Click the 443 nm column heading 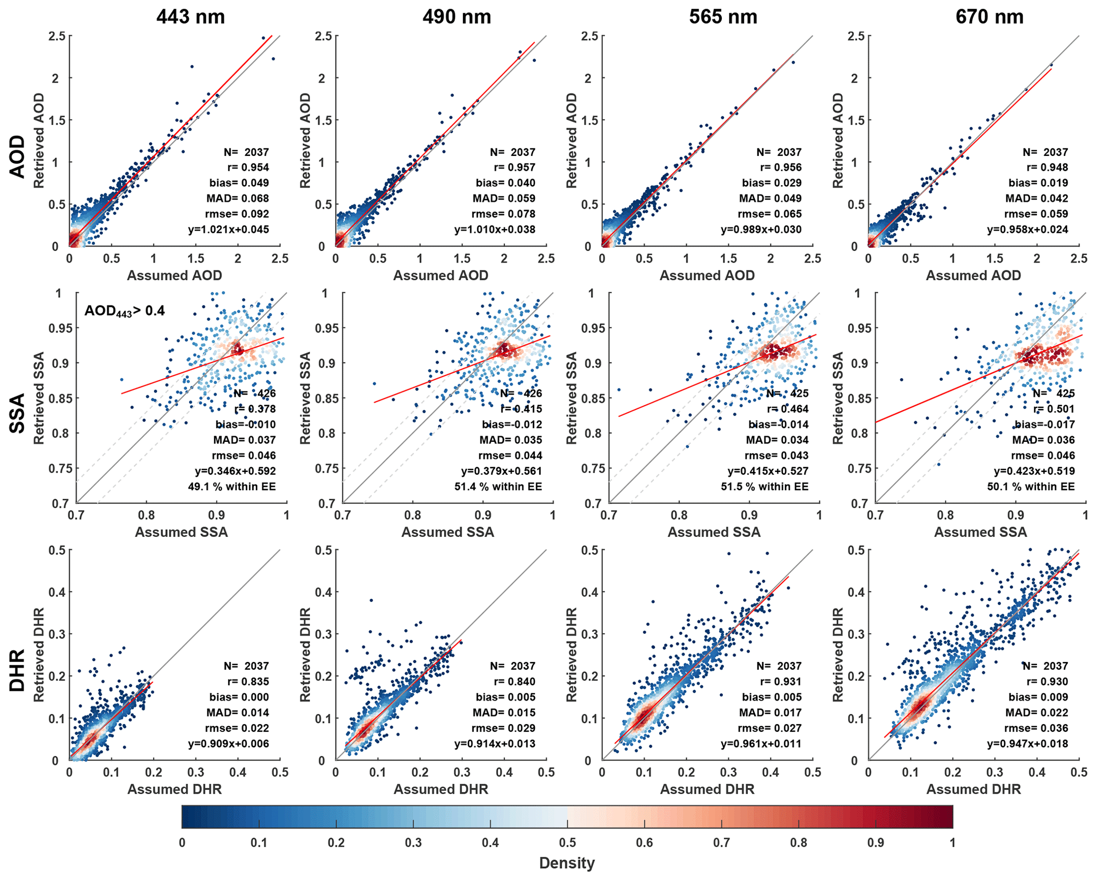(x=191, y=17)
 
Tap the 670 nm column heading (x=989, y=17)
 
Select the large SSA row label (x=18, y=413)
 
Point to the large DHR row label (x=18, y=670)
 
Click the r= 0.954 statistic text (x=248, y=168)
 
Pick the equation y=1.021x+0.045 (x=229, y=230)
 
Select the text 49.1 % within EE (x=232, y=486)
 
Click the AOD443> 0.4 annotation (x=125, y=311)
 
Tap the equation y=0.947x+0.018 (x=1027, y=744)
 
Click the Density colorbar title (x=567, y=863)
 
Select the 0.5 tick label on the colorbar (x=567, y=843)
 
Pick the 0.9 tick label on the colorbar (x=876, y=843)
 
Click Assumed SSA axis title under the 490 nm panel (x=447, y=532)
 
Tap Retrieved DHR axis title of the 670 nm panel (x=838, y=655)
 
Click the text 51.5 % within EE (x=765, y=486)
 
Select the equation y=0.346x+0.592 (x=235, y=471)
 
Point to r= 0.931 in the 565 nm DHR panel (x=780, y=682)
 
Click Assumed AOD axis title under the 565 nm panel (x=707, y=275)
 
